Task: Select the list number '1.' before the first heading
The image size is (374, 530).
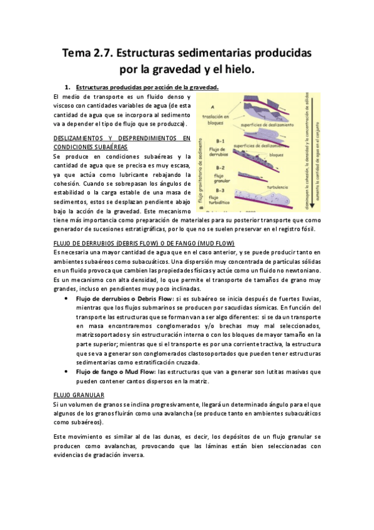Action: tap(67, 87)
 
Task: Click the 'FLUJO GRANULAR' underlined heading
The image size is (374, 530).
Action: tap(78, 396)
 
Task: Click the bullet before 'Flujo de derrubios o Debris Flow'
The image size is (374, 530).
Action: tap(67, 299)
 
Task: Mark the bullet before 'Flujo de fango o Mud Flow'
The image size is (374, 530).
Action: tap(67, 372)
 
